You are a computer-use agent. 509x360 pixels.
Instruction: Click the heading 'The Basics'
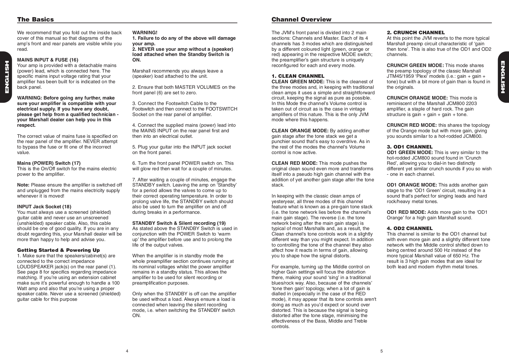[35, 19]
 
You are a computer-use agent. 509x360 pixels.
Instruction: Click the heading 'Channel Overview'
[301, 19]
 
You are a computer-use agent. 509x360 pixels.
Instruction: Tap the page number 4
[127, 351]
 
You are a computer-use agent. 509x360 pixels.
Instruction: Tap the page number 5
[382, 351]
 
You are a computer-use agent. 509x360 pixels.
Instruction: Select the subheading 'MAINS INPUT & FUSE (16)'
[48, 60]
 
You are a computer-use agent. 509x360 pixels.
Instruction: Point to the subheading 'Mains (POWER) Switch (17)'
[49, 163]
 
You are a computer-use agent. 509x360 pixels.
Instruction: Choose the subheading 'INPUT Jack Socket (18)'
[44, 207]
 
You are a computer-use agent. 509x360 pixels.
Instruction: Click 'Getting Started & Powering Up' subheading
[58, 250]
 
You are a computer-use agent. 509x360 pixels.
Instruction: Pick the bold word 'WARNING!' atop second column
[145, 33]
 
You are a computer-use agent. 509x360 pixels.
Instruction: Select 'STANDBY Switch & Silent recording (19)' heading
[179, 223]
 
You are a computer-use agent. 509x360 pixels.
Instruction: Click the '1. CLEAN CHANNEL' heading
[298, 76]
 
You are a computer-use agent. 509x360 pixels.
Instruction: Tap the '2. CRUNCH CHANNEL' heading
[416, 33]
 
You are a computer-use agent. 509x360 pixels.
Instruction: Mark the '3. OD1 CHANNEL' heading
[409, 147]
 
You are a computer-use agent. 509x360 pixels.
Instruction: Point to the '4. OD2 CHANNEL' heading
[409, 229]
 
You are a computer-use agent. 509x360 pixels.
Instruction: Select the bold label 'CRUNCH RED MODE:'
[411, 125]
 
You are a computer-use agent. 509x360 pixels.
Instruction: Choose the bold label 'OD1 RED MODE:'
[406, 212]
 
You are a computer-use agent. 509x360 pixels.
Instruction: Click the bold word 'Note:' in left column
[23, 185]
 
